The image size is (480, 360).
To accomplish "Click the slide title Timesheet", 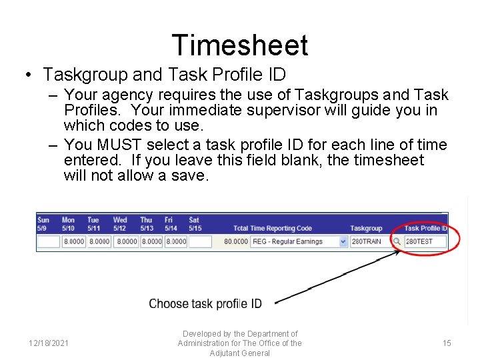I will [x=240, y=45].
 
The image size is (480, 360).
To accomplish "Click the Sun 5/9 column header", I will [x=43, y=224].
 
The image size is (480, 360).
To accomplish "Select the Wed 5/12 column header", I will [x=120, y=224].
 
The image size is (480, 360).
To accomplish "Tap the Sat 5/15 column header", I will [x=194, y=224].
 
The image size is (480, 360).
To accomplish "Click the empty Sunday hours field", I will [x=48, y=241].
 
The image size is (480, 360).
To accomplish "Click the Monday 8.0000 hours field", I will [x=73, y=241].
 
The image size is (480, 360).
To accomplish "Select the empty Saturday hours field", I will [x=200, y=241].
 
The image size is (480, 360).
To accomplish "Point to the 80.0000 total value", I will [x=236, y=241].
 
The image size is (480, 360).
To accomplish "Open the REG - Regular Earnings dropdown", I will [x=343, y=241].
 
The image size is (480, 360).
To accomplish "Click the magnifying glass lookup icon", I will [x=397, y=241].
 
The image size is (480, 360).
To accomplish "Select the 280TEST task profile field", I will [x=425, y=241].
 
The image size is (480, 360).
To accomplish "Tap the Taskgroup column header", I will [x=366, y=228].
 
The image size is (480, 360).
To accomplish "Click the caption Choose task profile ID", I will [x=205, y=304].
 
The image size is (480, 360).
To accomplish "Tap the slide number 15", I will [x=447, y=343].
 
